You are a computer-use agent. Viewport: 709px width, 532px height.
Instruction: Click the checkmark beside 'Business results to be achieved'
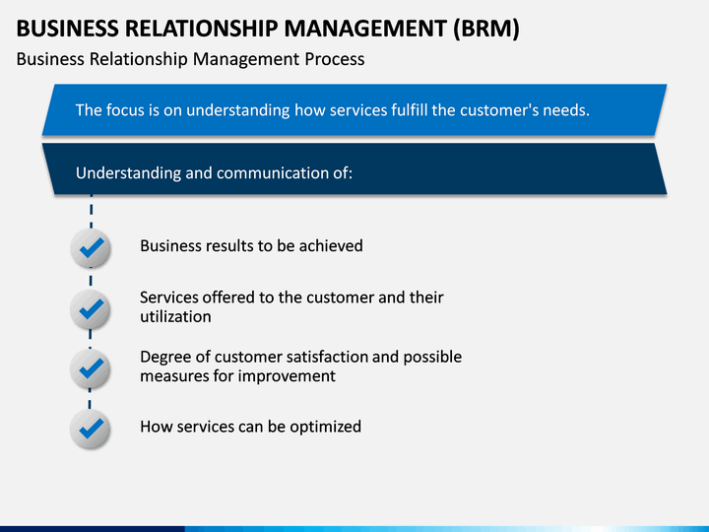pos(92,248)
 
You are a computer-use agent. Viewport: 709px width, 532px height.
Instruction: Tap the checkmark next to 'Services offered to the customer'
pos(92,309)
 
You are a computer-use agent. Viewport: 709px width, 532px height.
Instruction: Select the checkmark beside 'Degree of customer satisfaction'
pos(92,368)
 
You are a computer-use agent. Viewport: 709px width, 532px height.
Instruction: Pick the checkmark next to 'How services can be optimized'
pos(92,429)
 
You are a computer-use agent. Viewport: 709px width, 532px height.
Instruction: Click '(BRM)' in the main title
pos(486,29)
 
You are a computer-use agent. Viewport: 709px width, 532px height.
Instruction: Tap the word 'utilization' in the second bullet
pos(175,316)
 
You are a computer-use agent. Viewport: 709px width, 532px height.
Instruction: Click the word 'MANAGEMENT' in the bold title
pos(365,28)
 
